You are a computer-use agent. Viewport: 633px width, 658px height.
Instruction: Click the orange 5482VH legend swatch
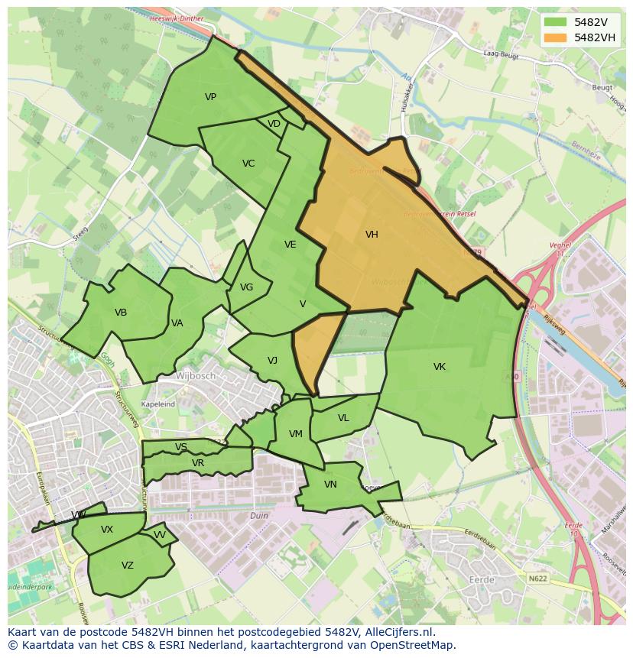click(556, 37)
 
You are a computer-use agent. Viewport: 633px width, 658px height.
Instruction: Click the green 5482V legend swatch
click(556, 22)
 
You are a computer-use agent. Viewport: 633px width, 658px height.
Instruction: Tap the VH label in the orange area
click(372, 235)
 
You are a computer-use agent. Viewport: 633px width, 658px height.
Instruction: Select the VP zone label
click(210, 97)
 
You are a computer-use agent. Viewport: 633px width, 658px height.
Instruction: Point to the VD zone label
click(274, 124)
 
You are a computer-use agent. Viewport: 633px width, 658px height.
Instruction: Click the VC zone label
click(248, 164)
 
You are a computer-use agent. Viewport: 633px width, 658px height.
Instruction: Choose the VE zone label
click(290, 245)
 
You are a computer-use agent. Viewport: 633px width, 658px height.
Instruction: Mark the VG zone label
click(246, 287)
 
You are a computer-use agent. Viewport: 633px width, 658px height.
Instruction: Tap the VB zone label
click(121, 313)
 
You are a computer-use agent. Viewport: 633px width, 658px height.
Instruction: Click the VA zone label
click(177, 323)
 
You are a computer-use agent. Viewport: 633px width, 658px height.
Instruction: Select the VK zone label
click(440, 367)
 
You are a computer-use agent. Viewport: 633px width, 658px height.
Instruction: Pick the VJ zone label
click(272, 361)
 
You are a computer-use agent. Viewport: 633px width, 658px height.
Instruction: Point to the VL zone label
click(343, 418)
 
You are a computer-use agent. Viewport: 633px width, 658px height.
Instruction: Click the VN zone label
click(330, 485)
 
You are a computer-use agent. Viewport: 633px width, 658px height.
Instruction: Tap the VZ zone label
click(128, 566)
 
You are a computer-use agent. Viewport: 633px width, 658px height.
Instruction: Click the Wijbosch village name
click(196, 376)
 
